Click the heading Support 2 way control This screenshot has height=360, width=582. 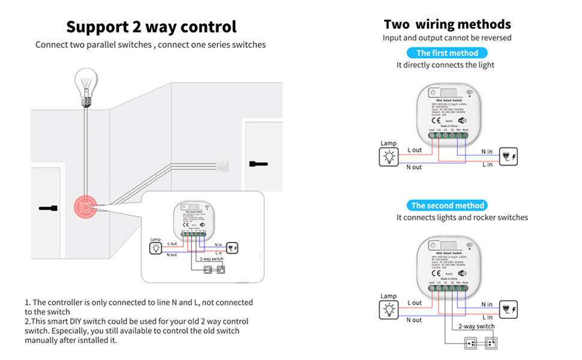(151, 27)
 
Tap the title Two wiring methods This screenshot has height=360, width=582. (447, 25)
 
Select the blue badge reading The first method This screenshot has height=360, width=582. (447, 53)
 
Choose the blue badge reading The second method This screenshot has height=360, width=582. (448, 205)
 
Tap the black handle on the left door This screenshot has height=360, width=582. (48, 208)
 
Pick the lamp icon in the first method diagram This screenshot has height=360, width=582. (388, 157)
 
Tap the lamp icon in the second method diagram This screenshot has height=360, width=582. (388, 310)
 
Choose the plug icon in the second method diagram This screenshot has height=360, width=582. (508, 310)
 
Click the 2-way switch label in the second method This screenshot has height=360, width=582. (476, 326)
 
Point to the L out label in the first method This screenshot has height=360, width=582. (415, 150)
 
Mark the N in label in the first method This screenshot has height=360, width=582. (487, 152)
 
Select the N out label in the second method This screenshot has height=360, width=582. (414, 320)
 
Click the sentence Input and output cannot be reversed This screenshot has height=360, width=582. (447, 38)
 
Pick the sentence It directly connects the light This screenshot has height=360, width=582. (445, 65)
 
